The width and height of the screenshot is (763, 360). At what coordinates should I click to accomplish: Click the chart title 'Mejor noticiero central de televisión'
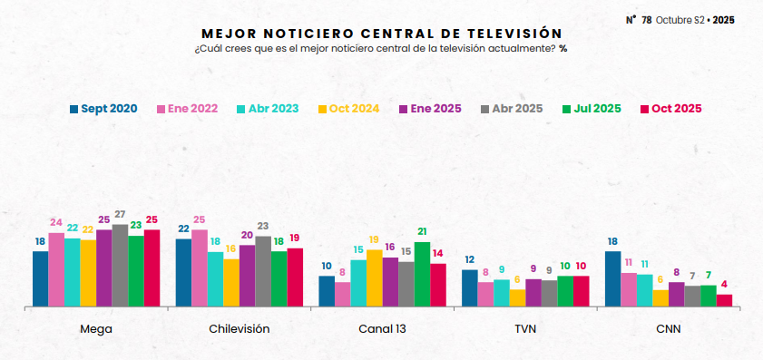(380, 33)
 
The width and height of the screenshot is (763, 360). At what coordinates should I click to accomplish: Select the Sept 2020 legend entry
(103, 109)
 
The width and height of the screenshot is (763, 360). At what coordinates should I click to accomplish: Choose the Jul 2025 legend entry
(591, 109)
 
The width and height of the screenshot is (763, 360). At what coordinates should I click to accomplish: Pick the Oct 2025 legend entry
(670, 109)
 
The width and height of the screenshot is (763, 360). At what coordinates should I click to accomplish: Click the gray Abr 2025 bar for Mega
(120, 265)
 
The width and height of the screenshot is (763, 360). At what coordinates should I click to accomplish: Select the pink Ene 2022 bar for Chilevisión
(199, 268)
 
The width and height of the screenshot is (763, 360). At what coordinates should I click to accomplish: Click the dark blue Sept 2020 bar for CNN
(612, 278)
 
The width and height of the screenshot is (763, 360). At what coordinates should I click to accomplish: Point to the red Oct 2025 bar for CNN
(724, 300)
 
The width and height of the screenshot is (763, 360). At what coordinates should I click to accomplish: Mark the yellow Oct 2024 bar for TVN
(517, 297)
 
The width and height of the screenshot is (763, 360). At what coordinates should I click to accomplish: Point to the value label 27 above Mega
(120, 215)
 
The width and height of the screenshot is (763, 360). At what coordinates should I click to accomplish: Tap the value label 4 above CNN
(724, 285)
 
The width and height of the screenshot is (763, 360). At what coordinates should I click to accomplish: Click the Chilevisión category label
(239, 329)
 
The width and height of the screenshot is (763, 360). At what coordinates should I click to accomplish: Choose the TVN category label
(525, 329)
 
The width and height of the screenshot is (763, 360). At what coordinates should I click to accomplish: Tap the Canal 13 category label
(382, 329)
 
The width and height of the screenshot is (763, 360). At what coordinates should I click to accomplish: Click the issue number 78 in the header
(646, 19)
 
